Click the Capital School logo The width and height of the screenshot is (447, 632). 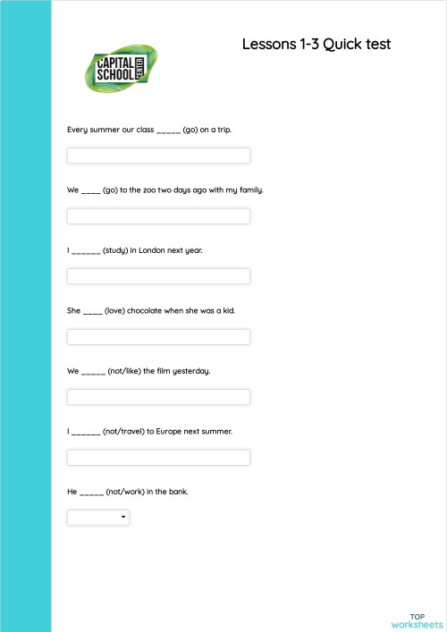(119, 69)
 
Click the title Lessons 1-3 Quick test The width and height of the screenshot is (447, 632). (316, 44)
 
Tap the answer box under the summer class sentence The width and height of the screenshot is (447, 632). (158, 156)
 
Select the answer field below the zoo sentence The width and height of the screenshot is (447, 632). (158, 216)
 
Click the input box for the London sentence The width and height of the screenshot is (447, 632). (158, 276)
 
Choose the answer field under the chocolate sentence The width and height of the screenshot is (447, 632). (158, 337)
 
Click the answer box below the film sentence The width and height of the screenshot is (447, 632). (158, 397)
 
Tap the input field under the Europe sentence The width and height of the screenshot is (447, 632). (158, 458)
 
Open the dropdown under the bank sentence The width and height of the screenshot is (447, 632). (98, 518)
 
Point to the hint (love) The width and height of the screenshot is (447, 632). (114, 311)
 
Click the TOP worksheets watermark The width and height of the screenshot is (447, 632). (417, 620)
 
